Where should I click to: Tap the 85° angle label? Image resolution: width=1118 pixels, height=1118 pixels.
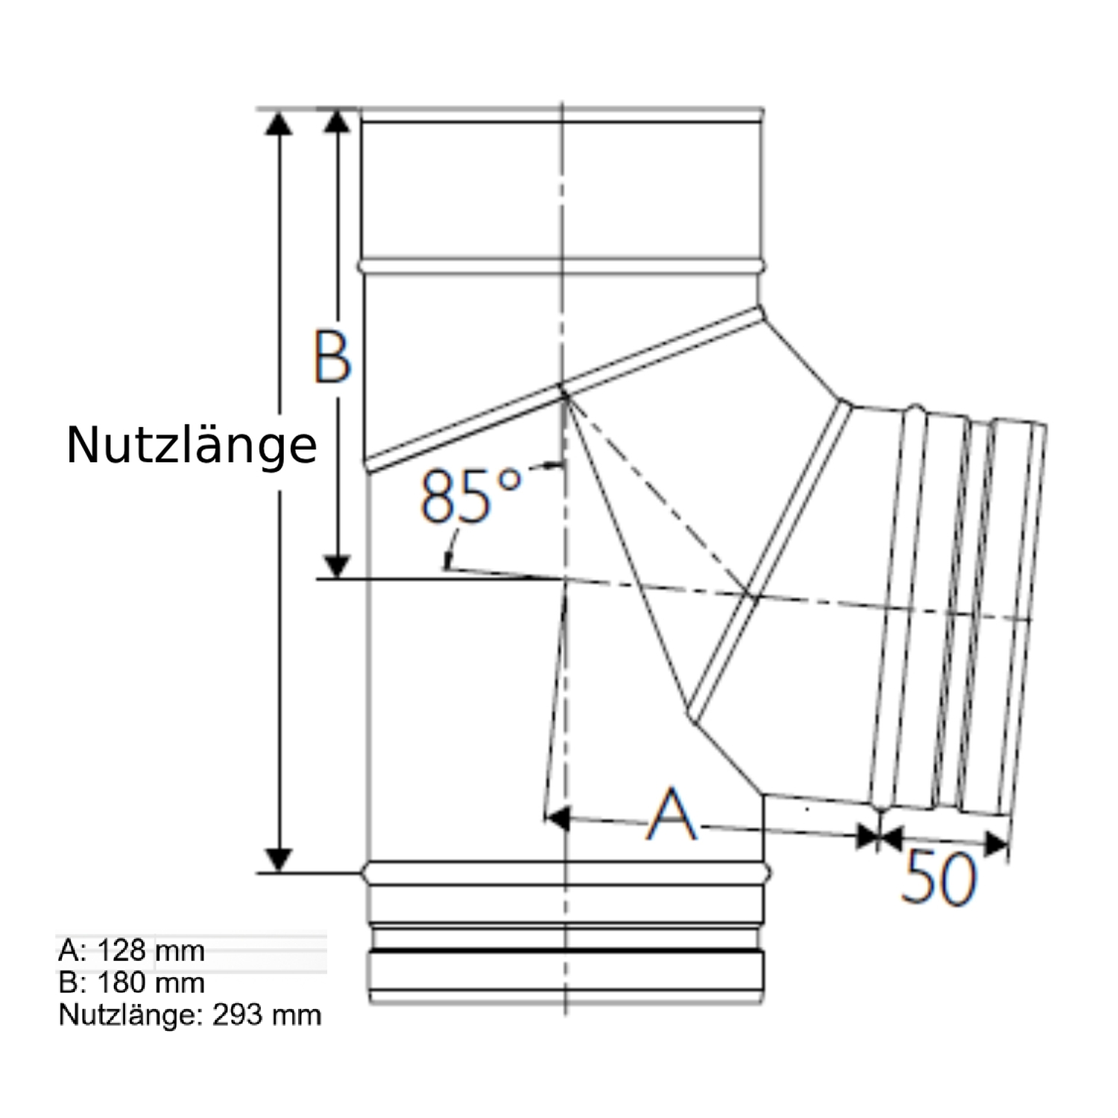470,496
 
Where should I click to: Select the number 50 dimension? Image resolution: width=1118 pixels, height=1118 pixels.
938,878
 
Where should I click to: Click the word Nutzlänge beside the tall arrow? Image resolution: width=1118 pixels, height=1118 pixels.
192,446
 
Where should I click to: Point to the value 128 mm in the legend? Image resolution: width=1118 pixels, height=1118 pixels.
151,950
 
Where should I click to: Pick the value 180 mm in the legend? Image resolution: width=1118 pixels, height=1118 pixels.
151,982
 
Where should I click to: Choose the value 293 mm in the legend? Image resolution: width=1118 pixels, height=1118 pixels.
266,1014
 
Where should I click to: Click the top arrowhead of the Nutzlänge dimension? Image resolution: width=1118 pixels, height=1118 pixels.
279,124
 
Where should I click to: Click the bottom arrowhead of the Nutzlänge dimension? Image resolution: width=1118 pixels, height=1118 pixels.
279,859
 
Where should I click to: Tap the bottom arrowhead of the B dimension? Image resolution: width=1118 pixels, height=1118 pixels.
338,566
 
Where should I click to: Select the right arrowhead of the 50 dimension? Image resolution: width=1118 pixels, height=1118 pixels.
996,844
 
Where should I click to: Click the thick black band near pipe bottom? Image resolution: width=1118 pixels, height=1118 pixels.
566,951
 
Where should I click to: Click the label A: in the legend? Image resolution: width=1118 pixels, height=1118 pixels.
72,950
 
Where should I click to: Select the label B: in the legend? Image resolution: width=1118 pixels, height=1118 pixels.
72,982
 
